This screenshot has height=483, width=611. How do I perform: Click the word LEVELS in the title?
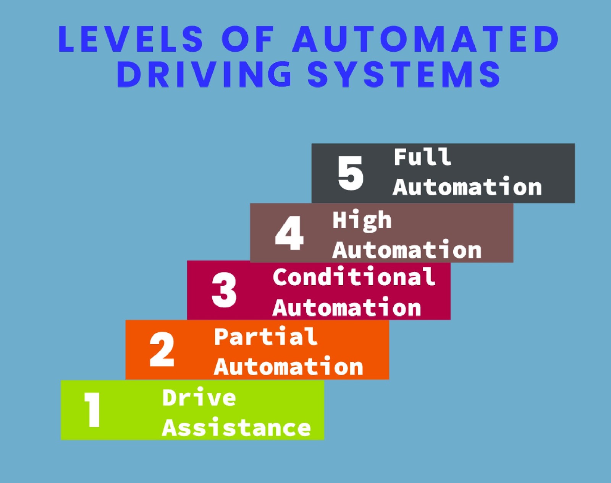[131, 39]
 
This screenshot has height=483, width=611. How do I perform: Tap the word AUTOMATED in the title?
[426, 39]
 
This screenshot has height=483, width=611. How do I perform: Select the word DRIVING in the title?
[205, 74]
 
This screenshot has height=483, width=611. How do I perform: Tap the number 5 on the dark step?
[350, 173]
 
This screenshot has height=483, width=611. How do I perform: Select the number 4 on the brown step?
[289, 233]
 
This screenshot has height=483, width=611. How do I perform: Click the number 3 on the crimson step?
[224, 290]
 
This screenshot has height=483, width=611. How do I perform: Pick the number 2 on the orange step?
[162, 350]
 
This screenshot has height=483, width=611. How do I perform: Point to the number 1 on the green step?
[92, 410]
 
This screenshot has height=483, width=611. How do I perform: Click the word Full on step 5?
[422, 157]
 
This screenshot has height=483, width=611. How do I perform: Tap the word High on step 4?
[362, 221]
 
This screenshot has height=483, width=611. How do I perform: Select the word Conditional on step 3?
[354, 277]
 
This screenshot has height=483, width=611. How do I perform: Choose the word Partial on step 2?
[265, 337]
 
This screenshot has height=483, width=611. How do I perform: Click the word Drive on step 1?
[199, 398]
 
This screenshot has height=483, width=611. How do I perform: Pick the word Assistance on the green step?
[236, 428]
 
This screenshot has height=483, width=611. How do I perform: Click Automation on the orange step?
[288, 367]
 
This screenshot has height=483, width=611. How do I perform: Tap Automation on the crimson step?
[347, 308]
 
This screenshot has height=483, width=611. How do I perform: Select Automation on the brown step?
[407, 250]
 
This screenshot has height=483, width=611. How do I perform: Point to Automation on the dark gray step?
[467, 187]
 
